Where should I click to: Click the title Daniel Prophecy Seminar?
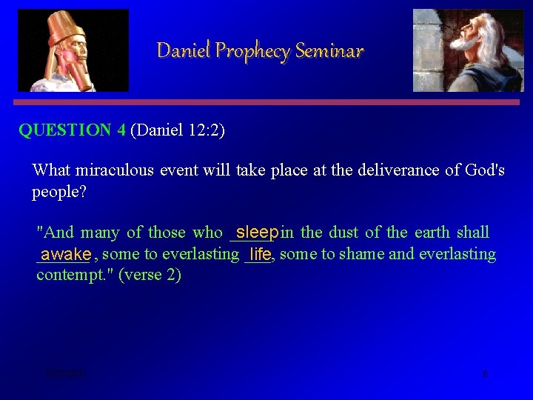(260, 50)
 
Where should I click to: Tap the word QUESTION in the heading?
(65, 130)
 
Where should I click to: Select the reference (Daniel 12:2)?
(178, 130)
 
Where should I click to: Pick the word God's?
(484, 170)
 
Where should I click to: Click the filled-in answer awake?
(65, 254)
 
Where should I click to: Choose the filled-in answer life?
(260, 254)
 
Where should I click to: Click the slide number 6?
(485, 374)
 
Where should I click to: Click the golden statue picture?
(73, 50)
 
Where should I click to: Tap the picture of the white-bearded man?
(468, 50)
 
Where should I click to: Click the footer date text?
(65, 374)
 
